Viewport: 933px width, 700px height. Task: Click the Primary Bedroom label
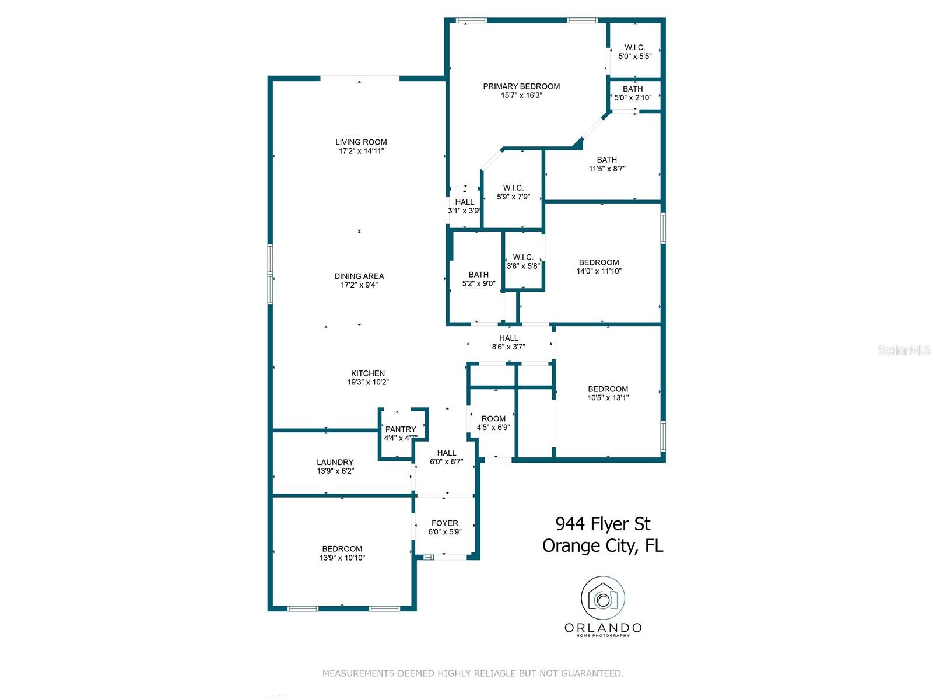[521, 86]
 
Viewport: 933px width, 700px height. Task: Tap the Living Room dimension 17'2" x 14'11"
[361, 151]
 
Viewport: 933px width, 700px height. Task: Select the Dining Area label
[359, 276]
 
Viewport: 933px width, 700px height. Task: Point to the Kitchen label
[368, 373]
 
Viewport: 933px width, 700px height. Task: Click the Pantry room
[401, 433]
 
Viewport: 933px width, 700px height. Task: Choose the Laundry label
[335, 462]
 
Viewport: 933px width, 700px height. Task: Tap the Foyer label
[444, 523]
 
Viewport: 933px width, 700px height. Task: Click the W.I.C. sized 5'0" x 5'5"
[634, 52]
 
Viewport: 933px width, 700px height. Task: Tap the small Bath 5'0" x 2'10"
[633, 93]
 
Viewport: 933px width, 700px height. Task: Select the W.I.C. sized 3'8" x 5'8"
[523, 261]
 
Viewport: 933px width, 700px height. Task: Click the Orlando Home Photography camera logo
[603, 598]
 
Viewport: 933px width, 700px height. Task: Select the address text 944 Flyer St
[602, 524]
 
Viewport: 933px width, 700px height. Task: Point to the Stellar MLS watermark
[903, 350]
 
